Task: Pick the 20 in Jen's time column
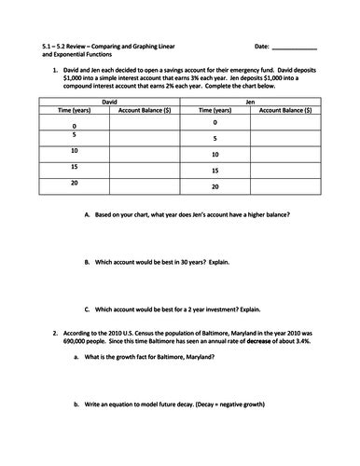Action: coord(215,187)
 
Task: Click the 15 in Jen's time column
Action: coord(215,171)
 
